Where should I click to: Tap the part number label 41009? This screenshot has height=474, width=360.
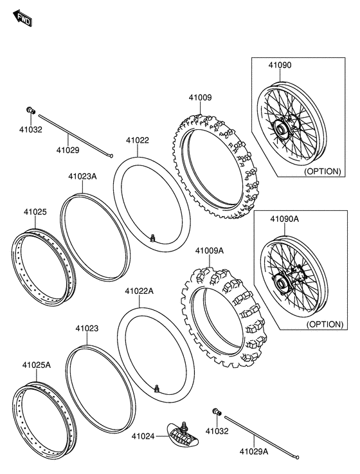[199, 98]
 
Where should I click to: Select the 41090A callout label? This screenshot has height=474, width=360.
[283, 219]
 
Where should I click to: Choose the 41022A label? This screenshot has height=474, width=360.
[139, 291]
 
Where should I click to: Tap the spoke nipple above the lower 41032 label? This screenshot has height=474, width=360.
[216, 412]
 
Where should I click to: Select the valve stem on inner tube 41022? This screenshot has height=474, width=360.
[152, 239]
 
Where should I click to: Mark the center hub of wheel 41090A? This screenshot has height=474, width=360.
[282, 282]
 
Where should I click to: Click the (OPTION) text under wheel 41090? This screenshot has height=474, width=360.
[323, 172]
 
